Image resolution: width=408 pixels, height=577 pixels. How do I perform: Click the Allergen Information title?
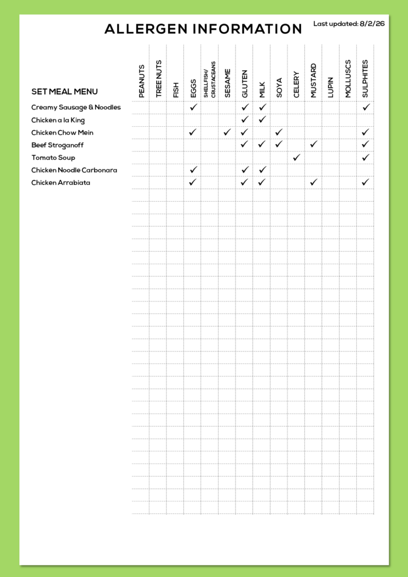pos(203,29)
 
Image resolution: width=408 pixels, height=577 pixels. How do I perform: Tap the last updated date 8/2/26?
pos(372,24)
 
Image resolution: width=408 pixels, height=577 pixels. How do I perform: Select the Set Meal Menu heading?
pos(64,92)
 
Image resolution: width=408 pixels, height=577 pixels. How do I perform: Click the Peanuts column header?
pos(141,81)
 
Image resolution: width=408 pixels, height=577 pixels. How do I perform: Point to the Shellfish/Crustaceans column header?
pos(209,79)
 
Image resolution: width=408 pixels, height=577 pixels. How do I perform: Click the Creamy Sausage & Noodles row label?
pos(76,107)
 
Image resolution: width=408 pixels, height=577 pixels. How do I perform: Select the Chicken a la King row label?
pos(58,120)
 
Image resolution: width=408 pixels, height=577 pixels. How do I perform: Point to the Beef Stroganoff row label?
pos(57,145)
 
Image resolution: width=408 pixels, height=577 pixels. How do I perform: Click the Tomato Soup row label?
pos(53,158)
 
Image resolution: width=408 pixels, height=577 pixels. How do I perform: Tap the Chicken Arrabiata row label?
pos(61,183)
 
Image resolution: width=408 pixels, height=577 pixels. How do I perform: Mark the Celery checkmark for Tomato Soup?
pos(296,157)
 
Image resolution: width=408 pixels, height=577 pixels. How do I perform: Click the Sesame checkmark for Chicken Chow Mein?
pos(227,132)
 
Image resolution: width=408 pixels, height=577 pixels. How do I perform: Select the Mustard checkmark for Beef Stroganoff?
pos(314,145)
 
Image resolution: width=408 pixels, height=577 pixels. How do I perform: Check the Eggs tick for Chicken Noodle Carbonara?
pos(193,170)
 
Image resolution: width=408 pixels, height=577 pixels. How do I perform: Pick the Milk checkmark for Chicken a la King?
pos(262,119)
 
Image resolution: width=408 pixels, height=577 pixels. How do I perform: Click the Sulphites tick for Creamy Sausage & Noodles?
pos(366,107)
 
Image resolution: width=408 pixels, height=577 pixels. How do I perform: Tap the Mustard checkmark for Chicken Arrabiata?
pos(314,182)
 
